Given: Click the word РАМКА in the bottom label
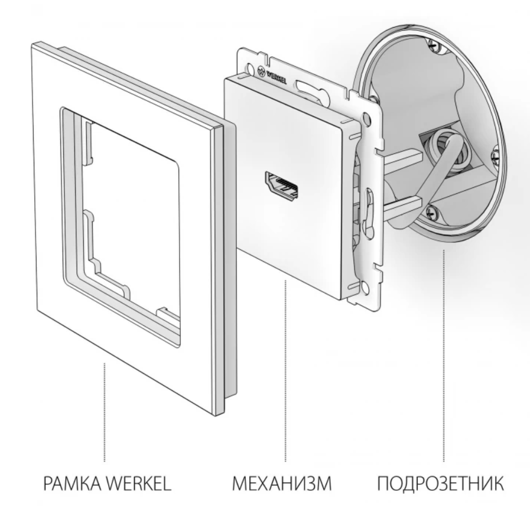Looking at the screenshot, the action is [x=71, y=484].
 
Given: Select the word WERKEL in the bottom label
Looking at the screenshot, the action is [x=139, y=484].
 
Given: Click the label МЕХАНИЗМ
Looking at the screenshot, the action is [x=282, y=484].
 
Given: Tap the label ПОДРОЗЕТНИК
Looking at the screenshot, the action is [x=440, y=484].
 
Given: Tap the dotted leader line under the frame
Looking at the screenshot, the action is [x=105, y=412].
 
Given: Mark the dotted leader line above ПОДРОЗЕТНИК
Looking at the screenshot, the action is [x=444, y=356].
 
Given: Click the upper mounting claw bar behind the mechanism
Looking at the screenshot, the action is [x=402, y=159].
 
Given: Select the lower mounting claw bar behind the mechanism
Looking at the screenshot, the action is [x=402, y=207].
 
